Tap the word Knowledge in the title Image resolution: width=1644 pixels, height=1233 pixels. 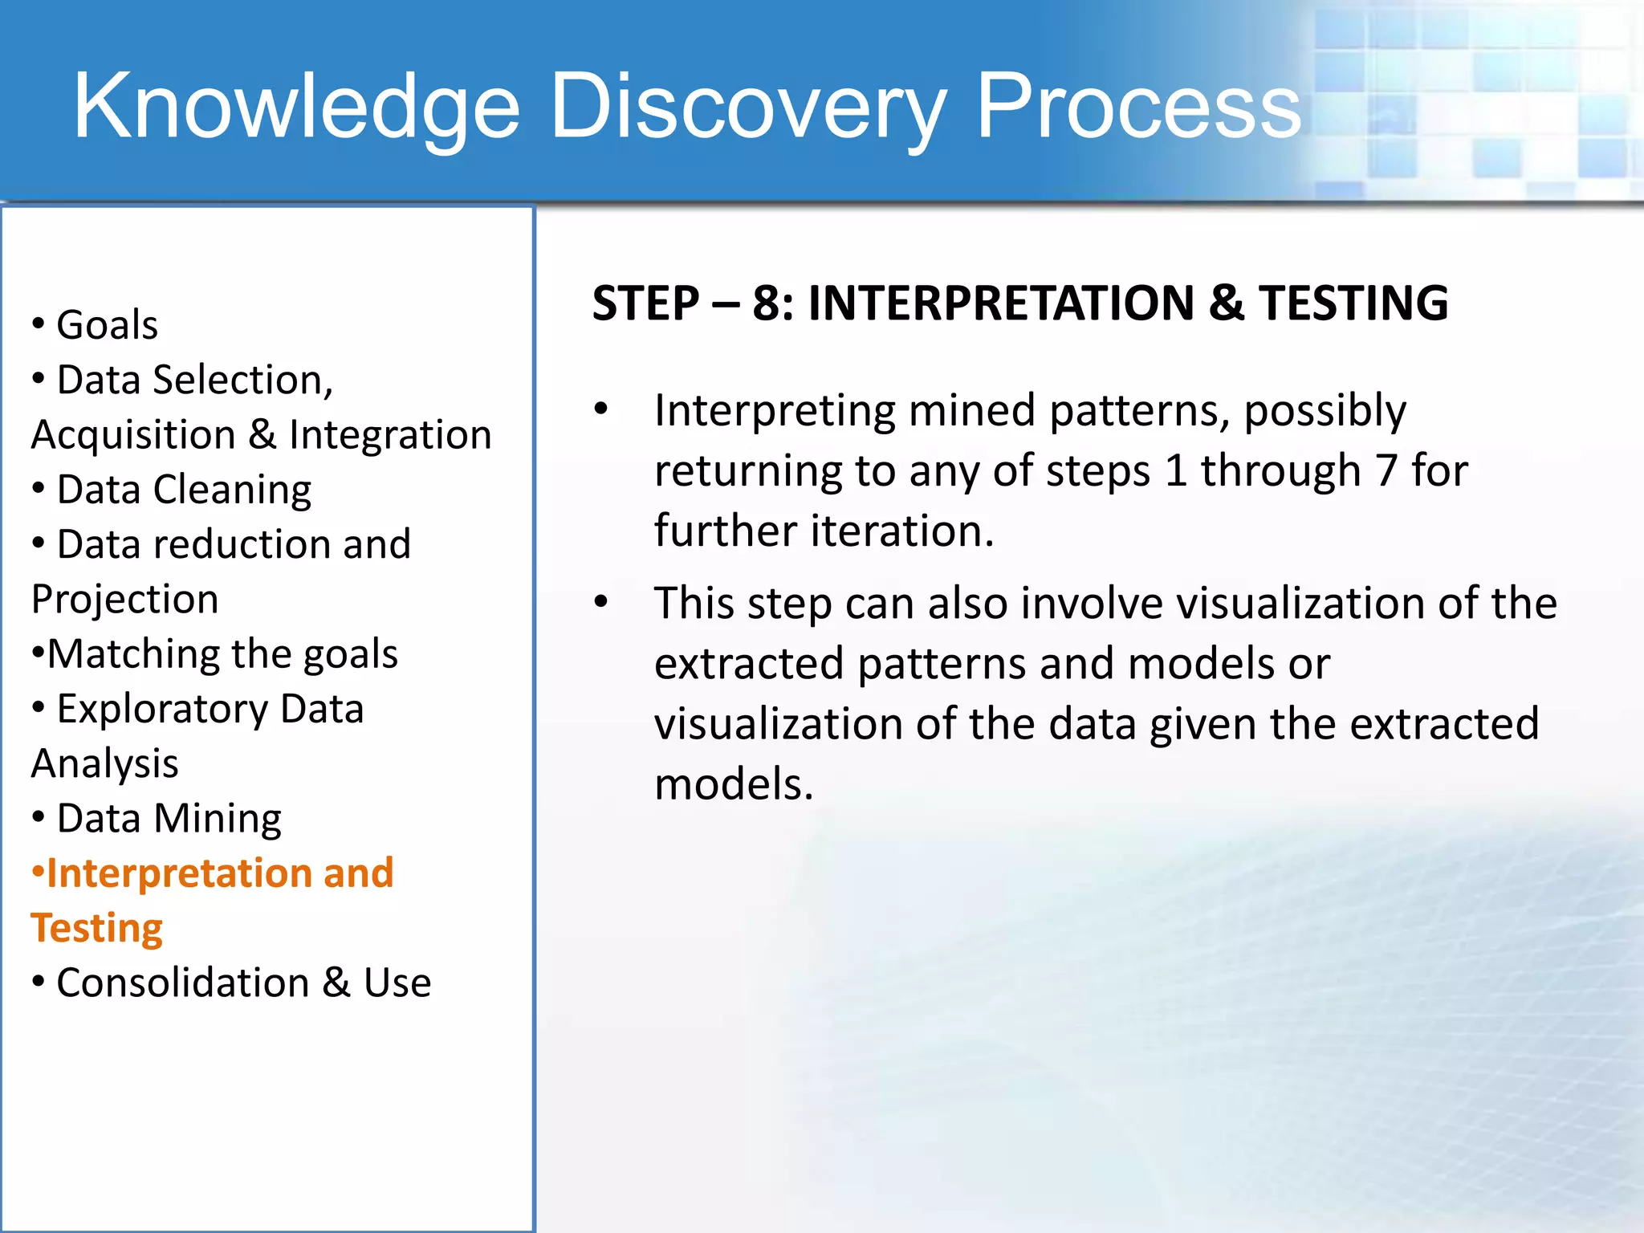tap(296, 107)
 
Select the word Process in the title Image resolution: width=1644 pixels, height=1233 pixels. tap(1137, 107)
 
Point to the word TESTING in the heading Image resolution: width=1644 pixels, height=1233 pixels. tap(1353, 303)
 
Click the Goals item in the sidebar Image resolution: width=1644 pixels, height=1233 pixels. tap(107, 325)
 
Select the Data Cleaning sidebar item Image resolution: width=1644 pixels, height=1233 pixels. tap(184, 490)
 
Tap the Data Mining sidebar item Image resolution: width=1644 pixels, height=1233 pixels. tap(169, 819)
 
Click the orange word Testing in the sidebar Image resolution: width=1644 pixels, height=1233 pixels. tap(97, 928)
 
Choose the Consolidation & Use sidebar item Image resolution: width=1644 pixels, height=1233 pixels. tap(243, 983)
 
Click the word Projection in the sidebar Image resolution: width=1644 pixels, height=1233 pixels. tap(124, 600)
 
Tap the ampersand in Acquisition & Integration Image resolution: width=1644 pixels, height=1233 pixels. tap(262, 434)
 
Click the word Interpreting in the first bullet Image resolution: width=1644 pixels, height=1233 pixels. tap(774, 411)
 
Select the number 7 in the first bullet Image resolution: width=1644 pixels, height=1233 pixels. tap(1386, 470)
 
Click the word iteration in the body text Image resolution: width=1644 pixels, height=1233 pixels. tap(902, 531)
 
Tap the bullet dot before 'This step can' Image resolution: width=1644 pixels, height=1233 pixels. tap(601, 602)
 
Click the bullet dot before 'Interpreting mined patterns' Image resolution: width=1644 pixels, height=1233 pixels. tap(601, 409)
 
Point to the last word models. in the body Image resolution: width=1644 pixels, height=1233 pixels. tap(734, 784)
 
